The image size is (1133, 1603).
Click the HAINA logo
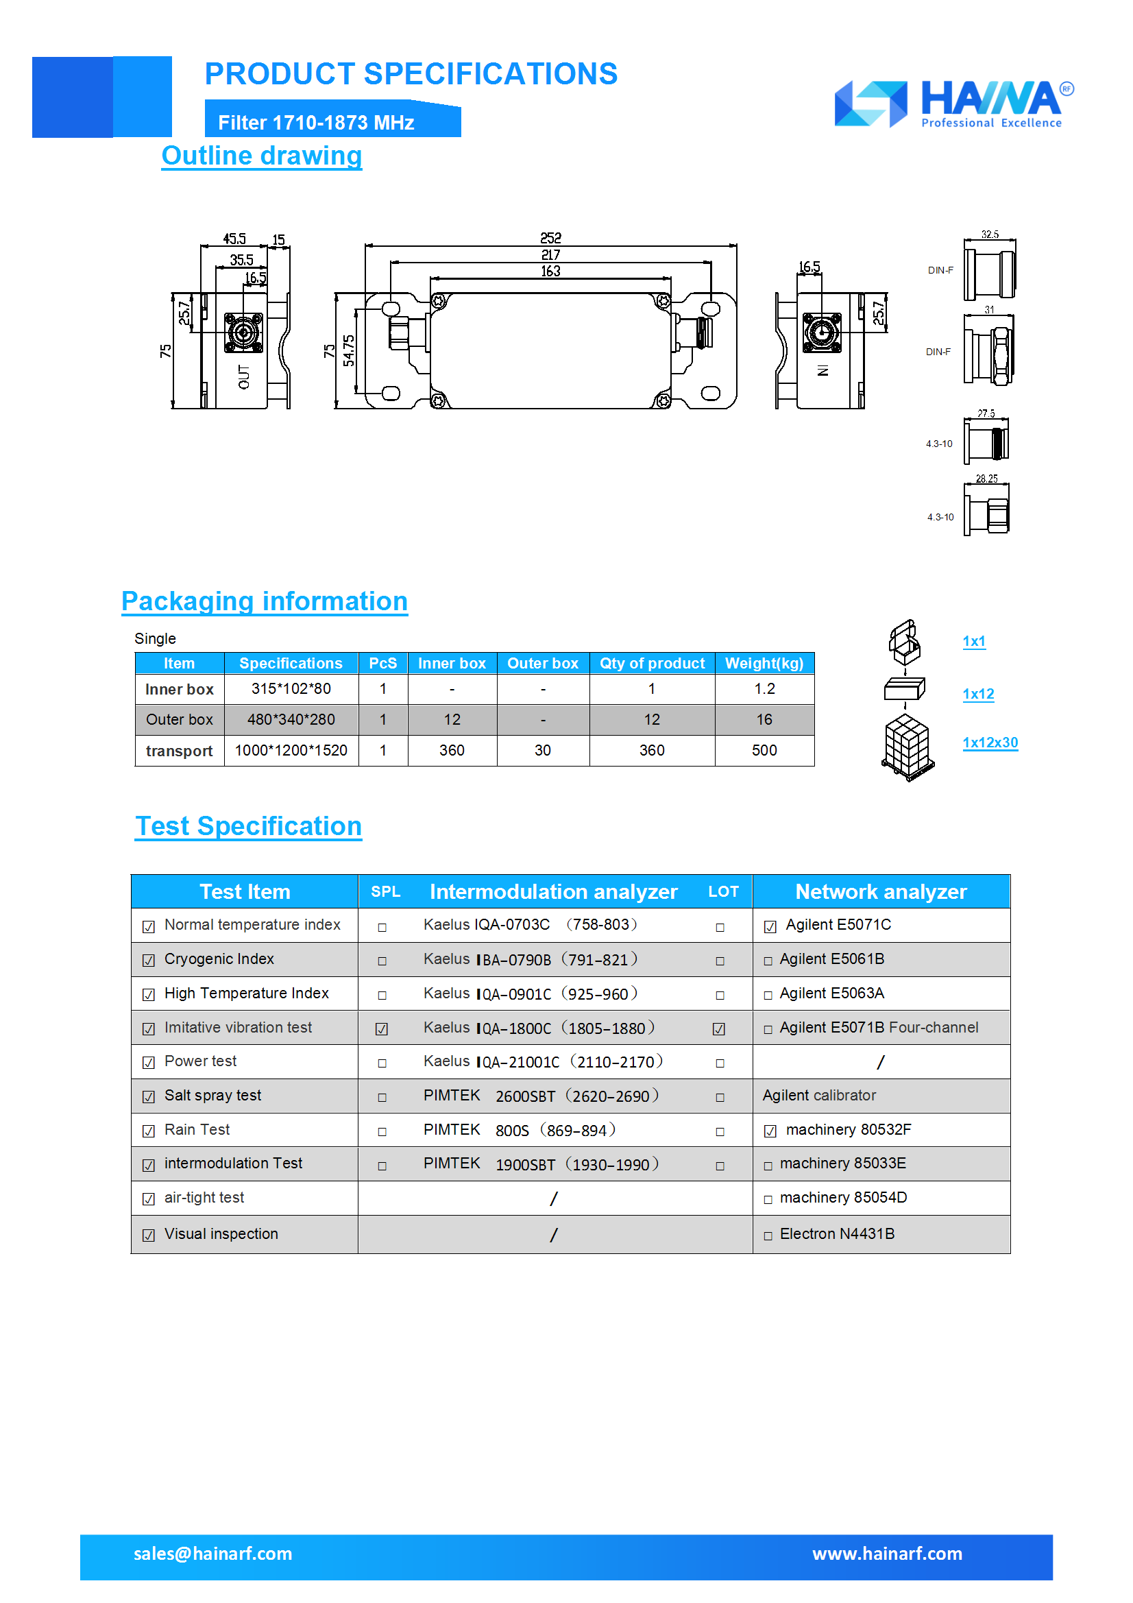[x=953, y=104]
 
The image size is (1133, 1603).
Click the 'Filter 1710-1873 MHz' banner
[x=316, y=123]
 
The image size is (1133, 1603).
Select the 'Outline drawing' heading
[x=262, y=156]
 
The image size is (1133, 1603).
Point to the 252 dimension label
[x=550, y=238]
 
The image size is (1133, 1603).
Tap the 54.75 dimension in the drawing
[x=348, y=350]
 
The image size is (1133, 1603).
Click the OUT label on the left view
[x=243, y=377]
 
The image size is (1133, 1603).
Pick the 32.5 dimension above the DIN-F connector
[x=989, y=234]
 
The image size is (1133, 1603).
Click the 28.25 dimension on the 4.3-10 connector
[x=986, y=479]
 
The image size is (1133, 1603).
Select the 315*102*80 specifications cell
[x=291, y=689]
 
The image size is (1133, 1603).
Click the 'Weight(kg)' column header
[x=764, y=663]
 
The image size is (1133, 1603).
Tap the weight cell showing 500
[x=764, y=751]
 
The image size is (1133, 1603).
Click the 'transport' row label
[x=180, y=751]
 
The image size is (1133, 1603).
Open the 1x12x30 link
[x=989, y=743]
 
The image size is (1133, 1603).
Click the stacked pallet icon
[x=907, y=748]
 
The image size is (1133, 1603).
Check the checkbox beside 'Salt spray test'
[x=149, y=1097]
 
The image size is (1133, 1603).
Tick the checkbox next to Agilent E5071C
[x=770, y=927]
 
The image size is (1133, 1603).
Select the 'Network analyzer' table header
[x=880, y=891]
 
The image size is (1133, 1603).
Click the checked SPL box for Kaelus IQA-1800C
[x=382, y=1029]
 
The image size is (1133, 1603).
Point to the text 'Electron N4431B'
[x=836, y=1234]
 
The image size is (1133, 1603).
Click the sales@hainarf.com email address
[x=213, y=1554]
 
